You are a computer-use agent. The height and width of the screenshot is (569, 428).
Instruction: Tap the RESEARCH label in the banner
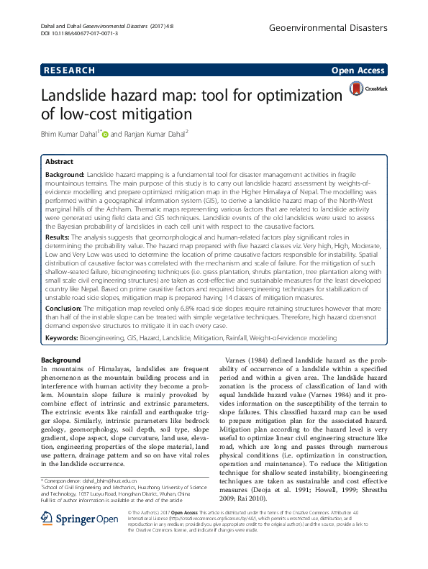click(69, 70)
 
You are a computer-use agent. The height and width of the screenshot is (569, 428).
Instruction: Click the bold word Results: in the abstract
click(58, 236)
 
